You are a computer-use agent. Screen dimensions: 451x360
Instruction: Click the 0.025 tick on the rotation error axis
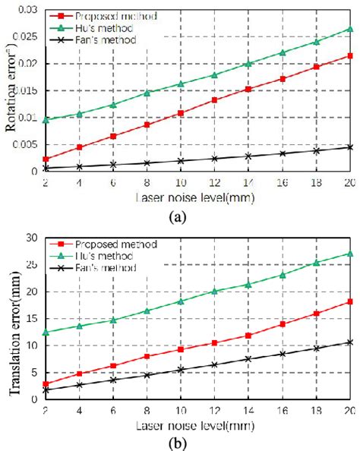coord(26,36)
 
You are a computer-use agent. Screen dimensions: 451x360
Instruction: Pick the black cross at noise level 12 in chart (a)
coord(214,159)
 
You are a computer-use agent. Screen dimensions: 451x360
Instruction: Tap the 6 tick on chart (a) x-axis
coord(114,184)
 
